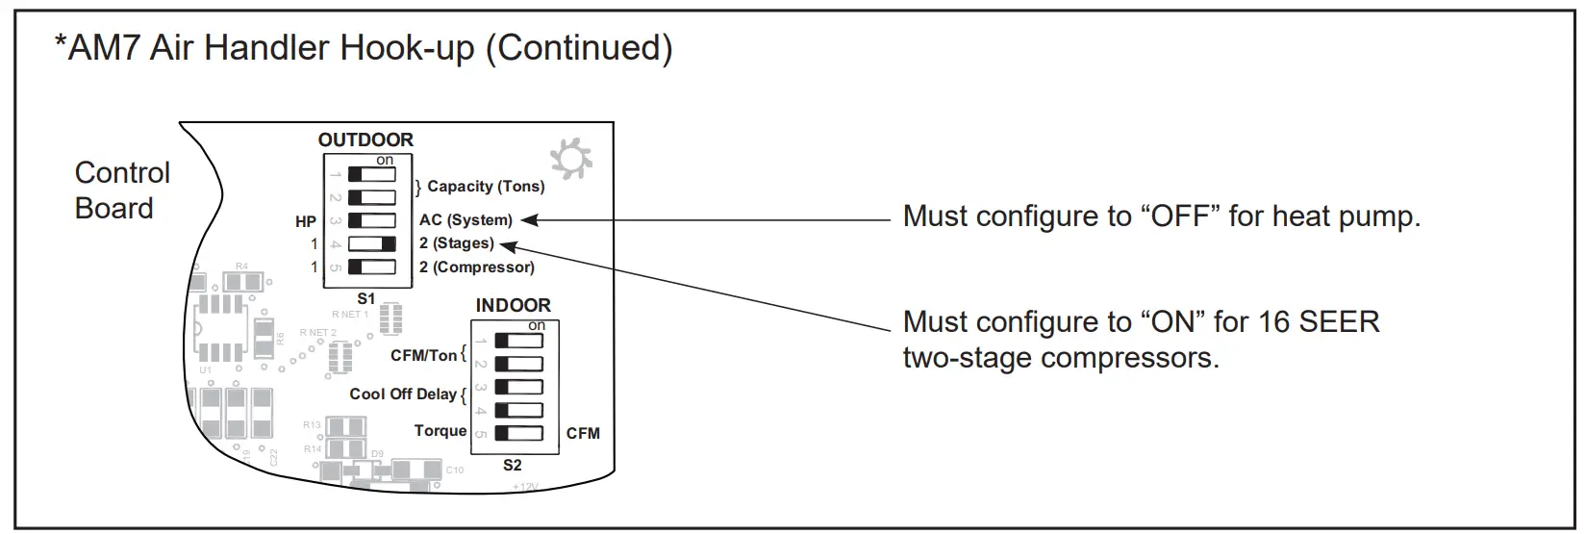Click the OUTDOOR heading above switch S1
pyautogui.click(x=365, y=140)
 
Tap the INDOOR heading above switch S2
pyautogui.click(x=513, y=305)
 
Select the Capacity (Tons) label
pyautogui.click(x=486, y=186)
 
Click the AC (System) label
pyautogui.click(x=466, y=220)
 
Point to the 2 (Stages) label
pyautogui.click(x=456, y=243)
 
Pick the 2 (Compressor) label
pyautogui.click(x=476, y=267)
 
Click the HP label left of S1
pyautogui.click(x=306, y=222)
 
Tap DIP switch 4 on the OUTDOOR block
pyautogui.click(x=371, y=244)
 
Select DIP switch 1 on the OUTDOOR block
pyautogui.click(x=371, y=175)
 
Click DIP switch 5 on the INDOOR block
pyautogui.click(x=518, y=434)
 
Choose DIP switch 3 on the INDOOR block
pyautogui.click(x=518, y=388)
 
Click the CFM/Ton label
pyautogui.click(x=423, y=355)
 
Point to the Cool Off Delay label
pyautogui.click(x=402, y=394)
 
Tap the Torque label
pyautogui.click(x=440, y=431)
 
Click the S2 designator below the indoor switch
pyautogui.click(x=513, y=466)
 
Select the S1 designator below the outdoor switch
pyautogui.click(x=365, y=298)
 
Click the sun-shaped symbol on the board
pyautogui.click(x=571, y=160)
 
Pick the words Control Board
pyautogui.click(x=122, y=191)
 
